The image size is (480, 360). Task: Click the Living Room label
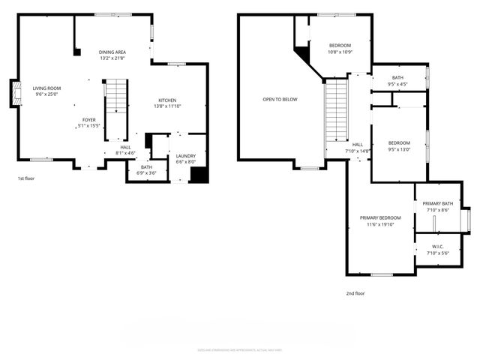click(x=46, y=88)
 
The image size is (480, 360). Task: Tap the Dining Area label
click(x=112, y=52)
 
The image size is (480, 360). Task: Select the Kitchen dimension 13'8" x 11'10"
click(x=166, y=106)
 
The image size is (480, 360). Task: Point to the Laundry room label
click(x=185, y=156)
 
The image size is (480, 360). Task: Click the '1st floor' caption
click(x=25, y=178)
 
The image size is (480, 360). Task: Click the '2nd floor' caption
click(x=355, y=293)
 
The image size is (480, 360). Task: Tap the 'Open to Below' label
click(x=280, y=99)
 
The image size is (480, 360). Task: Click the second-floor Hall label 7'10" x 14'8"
click(x=358, y=148)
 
